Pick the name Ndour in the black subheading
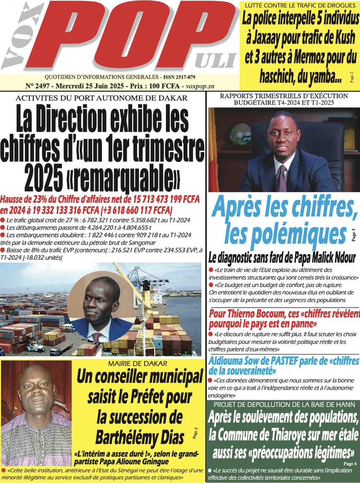tap(342, 258)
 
